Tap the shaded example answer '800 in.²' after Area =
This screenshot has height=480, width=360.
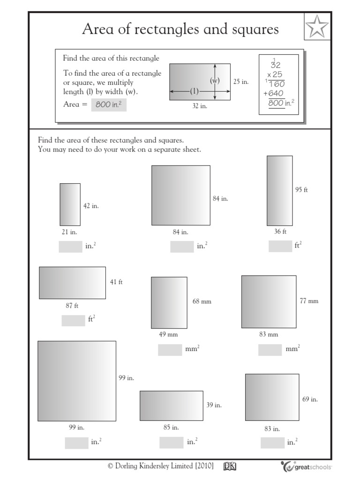point(109,105)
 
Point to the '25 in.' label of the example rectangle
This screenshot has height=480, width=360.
point(241,82)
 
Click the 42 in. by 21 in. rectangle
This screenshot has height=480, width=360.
point(70,204)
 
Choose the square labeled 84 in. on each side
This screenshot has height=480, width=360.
point(180,195)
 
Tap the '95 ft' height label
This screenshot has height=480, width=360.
point(301,190)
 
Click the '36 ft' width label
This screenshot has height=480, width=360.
point(280,232)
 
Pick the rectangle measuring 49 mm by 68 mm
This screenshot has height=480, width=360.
point(169,302)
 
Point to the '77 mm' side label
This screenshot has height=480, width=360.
point(309,301)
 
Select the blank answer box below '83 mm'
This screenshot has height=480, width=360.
point(270,350)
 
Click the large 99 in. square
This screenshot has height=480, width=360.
point(77,381)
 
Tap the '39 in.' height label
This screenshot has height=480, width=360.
point(214,405)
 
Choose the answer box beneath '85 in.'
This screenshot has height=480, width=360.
point(171,442)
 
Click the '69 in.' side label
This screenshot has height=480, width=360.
point(310,399)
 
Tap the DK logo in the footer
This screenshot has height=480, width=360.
point(230,466)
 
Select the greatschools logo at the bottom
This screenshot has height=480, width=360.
point(307,466)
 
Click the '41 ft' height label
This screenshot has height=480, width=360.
point(116,282)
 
